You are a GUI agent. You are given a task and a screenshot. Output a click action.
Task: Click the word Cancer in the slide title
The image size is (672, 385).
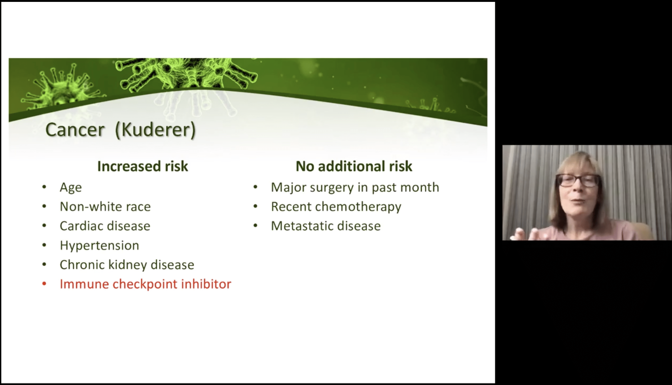(x=75, y=130)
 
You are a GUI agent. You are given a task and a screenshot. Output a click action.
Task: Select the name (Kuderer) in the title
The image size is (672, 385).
(x=156, y=130)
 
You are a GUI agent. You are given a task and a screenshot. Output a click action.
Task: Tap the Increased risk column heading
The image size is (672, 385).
(x=143, y=166)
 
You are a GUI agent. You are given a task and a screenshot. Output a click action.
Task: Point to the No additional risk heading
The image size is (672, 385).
(x=354, y=166)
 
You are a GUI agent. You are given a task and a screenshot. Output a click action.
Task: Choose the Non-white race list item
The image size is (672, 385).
(x=105, y=206)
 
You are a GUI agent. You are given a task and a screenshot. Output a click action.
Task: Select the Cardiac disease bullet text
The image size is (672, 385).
(x=105, y=226)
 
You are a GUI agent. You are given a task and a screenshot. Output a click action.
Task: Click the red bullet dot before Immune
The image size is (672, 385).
(x=44, y=284)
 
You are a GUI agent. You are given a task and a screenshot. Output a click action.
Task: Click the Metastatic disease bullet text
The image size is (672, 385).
(x=326, y=226)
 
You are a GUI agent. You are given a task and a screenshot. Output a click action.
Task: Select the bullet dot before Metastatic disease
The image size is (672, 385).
(x=255, y=225)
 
